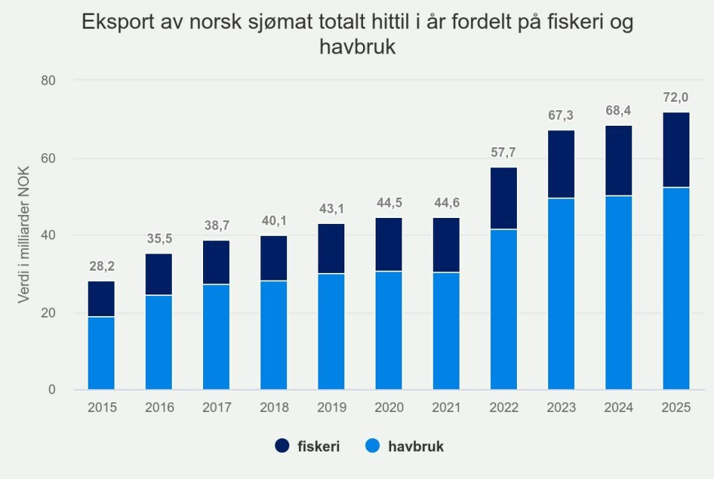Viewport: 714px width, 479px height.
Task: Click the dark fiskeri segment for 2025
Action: coord(676,150)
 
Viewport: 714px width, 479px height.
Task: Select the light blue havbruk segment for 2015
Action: coord(101,353)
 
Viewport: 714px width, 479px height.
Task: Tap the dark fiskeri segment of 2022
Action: coord(504,198)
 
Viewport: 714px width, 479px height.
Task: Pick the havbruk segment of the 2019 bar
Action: coord(331,331)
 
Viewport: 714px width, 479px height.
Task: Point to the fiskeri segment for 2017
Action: coord(216,262)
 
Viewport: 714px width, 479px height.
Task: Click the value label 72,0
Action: coord(676,97)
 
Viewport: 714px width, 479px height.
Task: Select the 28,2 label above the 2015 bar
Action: coord(101,266)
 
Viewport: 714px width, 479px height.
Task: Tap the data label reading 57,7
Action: coord(504,152)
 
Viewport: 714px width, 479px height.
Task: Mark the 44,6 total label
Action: coord(446,203)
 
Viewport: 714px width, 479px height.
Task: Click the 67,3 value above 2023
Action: coord(561,115)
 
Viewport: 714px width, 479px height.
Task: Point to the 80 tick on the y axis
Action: coord(50,80)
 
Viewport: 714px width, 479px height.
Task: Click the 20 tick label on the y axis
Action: coord(50,313)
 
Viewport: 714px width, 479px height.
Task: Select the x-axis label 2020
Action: coord(388,408)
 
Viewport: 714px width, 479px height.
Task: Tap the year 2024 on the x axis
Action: coord(619,408)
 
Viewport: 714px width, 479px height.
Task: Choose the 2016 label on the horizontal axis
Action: coord(158,408)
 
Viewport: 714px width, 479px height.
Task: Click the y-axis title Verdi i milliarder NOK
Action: coord(25,236)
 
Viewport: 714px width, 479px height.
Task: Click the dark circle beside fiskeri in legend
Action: coord(283,446)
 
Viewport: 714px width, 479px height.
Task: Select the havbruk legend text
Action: coord(419,446)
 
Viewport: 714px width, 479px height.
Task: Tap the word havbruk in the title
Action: coord(357,47)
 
